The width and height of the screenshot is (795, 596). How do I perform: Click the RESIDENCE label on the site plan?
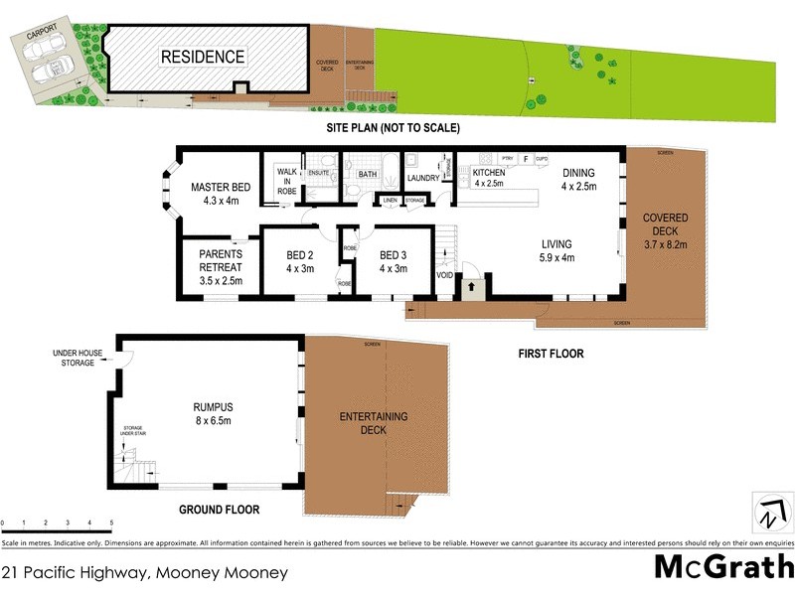click(x=203, y=57)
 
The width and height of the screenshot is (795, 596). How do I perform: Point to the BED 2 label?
click(x=298, y=260)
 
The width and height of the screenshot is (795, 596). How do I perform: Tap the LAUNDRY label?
click(x=423, y=179)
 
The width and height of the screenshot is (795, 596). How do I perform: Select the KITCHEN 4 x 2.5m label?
click(x=489, y=178)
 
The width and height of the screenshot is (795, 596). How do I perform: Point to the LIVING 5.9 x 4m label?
click(x=556, y=250)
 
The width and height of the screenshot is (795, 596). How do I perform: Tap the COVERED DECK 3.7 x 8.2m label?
click(x=665, y=229)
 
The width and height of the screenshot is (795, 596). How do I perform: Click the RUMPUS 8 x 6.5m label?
click(x=213, y=413)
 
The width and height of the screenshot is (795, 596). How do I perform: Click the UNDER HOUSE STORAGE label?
click(x=75, y=358)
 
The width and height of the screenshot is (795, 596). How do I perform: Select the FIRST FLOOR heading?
click(x=551, y=354)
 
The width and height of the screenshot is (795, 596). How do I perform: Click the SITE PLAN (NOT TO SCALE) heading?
click(x=394, y=129)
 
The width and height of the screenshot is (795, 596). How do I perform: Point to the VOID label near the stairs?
click(x=444, y=273)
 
